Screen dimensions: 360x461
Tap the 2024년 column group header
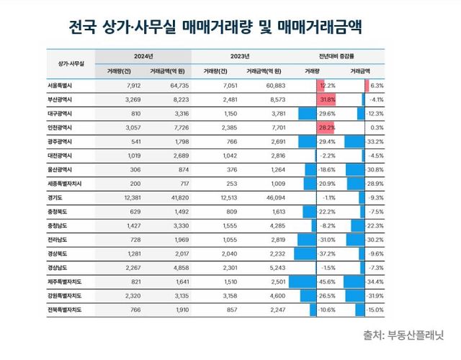[x=143, y=55]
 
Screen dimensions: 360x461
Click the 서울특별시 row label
[x=63, y=85]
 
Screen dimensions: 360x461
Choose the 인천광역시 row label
[x=63, y=127]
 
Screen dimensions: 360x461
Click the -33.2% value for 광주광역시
[x=374, y=141]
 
